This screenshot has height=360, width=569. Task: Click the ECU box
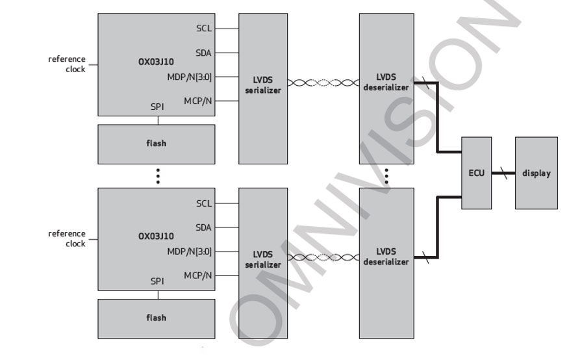click(476, 173)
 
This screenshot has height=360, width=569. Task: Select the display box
click(536, 173)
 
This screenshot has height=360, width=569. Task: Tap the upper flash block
click(156, 143)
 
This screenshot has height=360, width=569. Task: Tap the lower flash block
click(156, 318)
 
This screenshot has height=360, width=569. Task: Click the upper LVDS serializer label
click(262, 85)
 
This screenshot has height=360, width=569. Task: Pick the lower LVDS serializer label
click(262, 260)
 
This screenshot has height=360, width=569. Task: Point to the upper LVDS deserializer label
click(386, 82)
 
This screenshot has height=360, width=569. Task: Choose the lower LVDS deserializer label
click(386, 257)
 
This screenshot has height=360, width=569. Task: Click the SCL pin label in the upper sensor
click(204, 29)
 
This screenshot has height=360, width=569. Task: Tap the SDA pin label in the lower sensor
click(204, 227)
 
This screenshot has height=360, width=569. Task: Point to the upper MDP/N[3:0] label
click(189, 77)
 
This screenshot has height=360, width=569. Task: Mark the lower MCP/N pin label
click(198, 276)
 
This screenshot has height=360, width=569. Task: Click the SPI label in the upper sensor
click(157, 107)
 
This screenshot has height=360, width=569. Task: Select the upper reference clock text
click(67, 64)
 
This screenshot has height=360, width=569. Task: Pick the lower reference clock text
click(67, 238)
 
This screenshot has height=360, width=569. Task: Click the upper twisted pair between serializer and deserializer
click(323, 83)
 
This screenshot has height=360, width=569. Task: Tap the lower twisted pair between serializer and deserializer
click(323, 257)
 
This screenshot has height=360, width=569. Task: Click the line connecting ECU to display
click(503, 174)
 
